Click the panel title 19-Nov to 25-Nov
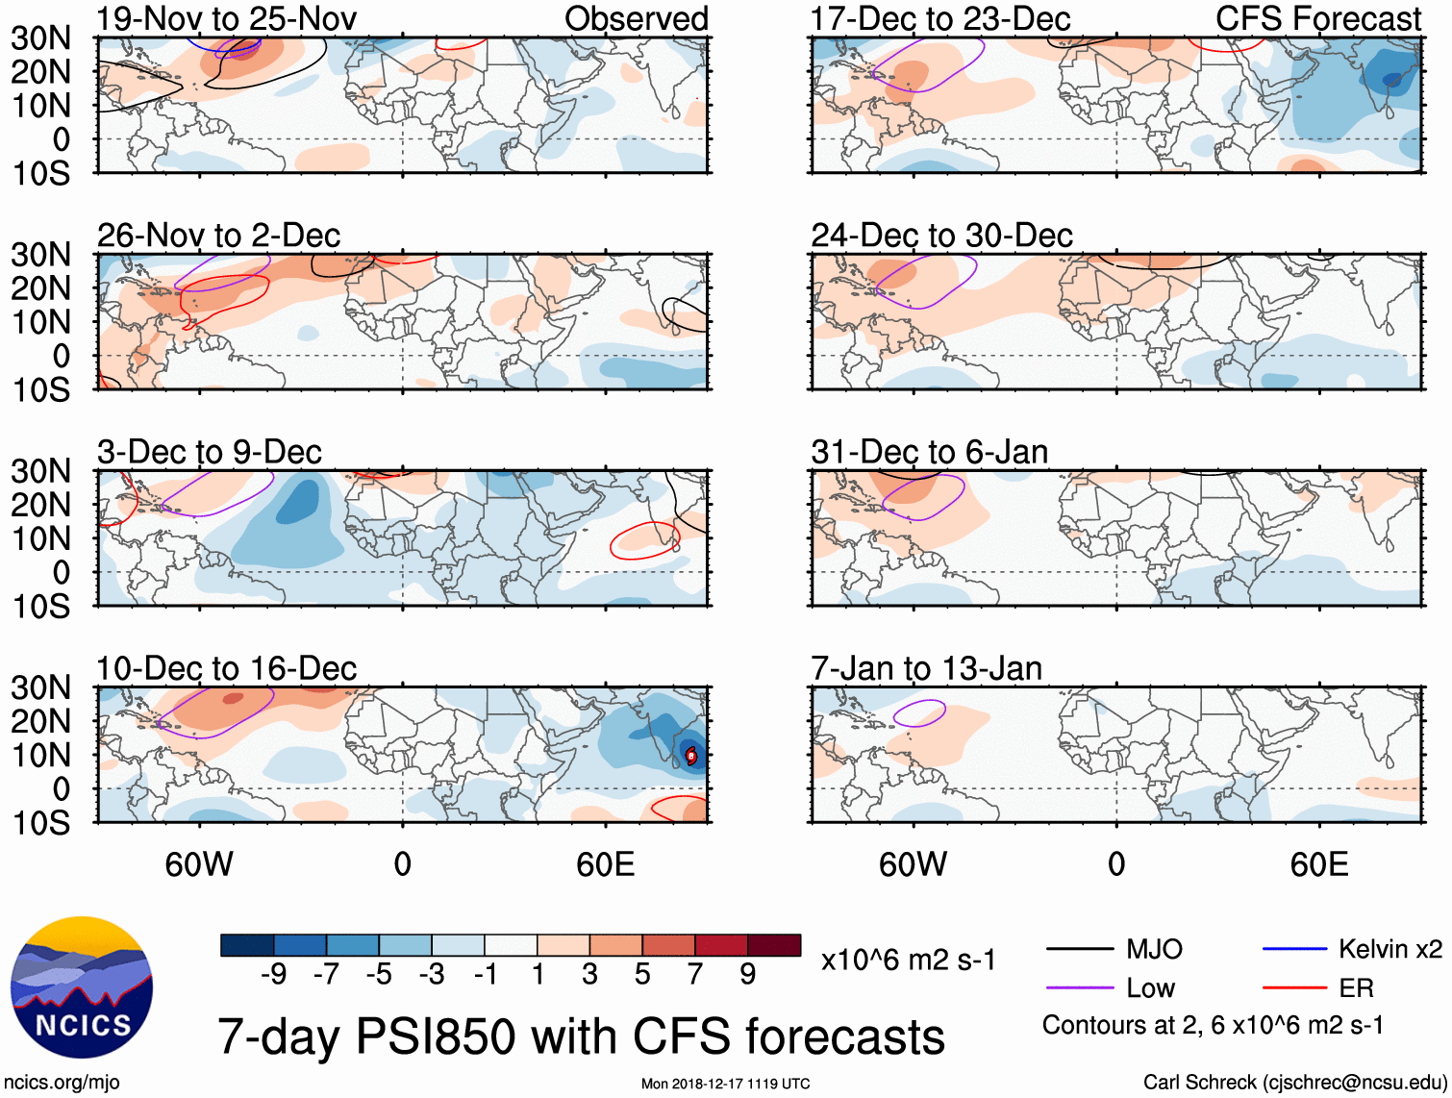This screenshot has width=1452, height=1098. pyautogui.click(x=227, y=19)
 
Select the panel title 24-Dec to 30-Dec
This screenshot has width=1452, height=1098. pyautogui.click(x=941, y=236)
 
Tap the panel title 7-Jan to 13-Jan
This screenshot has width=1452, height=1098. pyautogui.click(x=926, y=668)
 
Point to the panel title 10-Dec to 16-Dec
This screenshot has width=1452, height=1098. pyautogui.click(x=227, y=668)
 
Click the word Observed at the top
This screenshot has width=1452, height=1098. pyautogui.click(x=636, y=19)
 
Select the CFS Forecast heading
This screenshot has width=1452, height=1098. pyautogui.click(x=1317, y=19)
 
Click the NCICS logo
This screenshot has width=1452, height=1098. pyautogui.click(x=82, y=987)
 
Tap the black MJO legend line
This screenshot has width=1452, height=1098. pyautogui.click(x=1080, y=950)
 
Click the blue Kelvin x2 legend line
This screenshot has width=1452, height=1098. pyautogui.click(x=1294, y=950)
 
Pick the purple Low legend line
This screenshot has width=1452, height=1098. pyautogui.click(x=1080, y=988)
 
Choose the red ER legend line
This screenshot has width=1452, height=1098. pyautogui.click(x=1294, y=988)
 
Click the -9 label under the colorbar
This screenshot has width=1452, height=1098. pyautogui.click(x=274, y=975)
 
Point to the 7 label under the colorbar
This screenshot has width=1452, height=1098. pyautogui.click(x=695, y=975)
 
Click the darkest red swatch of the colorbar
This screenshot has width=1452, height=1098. pyautogui.click(x=774, y=945)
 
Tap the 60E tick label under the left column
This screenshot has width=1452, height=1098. pyautogui.click(x=605, y=864)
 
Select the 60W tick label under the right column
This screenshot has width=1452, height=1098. pyautogui.click(x=913, y=864)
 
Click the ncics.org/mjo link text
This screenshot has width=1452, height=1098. pyautogui.click(x=62, y=1083)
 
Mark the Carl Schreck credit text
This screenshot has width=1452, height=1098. pyautogui.click(x=1294, y=1083)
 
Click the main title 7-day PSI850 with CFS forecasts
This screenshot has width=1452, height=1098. pyautogui.click(x=581, y=1036)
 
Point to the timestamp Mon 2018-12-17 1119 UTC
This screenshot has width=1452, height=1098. pyautogui.click(x=725, y=1084)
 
